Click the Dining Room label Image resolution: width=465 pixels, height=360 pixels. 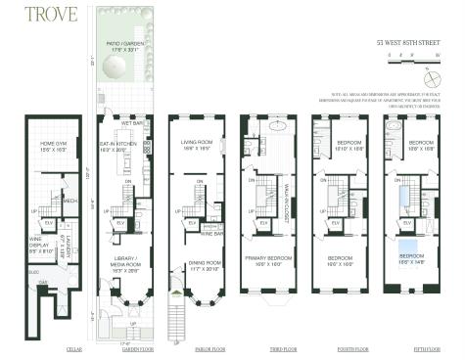click(x=192, y=264)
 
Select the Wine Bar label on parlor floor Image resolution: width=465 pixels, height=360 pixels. click(x=212, y=234)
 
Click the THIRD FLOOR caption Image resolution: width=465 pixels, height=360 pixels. click(x=266, y=346)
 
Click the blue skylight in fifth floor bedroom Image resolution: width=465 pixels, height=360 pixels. click(x=405, y=246)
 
